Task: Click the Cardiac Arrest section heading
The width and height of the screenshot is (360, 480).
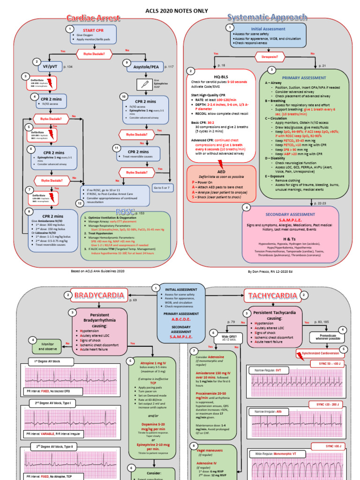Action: pyautogui.click(x=91, y=18)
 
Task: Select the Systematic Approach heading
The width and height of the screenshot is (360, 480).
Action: pyautogui.click(x=267, y=18)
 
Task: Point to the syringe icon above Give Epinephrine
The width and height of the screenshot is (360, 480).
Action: pyautogui.click(x=143, y=84)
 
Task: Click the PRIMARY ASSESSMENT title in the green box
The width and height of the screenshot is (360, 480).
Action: pyautogui.click(x=304, y=77)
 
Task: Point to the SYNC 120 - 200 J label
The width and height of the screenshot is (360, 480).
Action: pyautogui.click(x=327, y=404)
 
